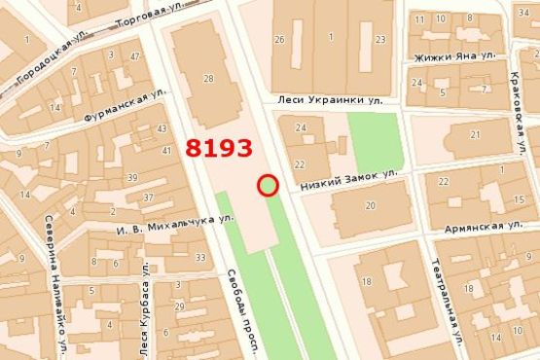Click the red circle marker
click(269, 185)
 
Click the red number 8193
click(219, 149)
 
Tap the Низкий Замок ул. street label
click(350, 177)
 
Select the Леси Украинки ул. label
click(330, 99)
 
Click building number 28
click(208, 78)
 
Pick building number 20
click(370, 205)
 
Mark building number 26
click(280, 39)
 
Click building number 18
click(367, 281)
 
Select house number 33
click(200, 258)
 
